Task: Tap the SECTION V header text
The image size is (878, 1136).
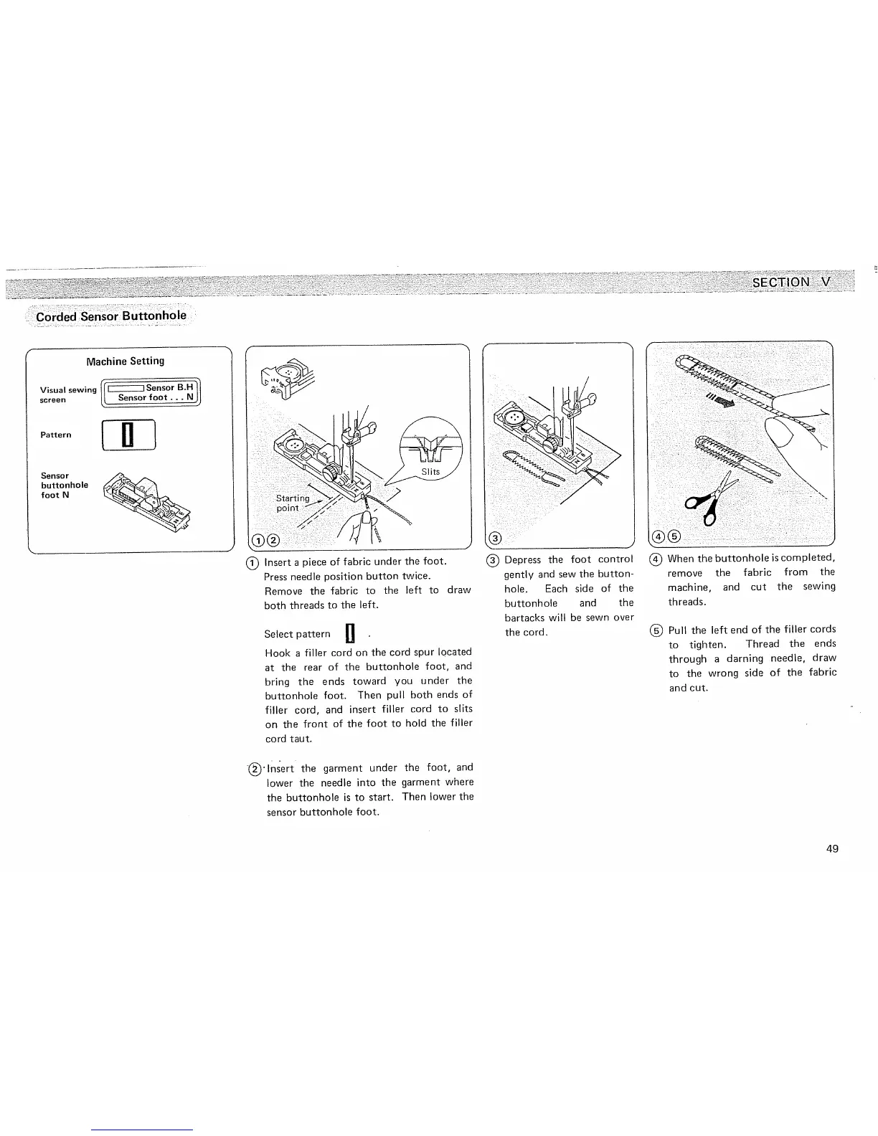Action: pyautogui.click(x=790, y=282)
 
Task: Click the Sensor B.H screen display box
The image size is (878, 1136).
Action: pyautogui.click(x=151, y=392)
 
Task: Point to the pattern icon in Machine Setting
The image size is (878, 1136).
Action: pyautogui.click(x=129, y=435)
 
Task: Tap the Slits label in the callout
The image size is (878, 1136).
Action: pyautogui.click(x=430, y=471)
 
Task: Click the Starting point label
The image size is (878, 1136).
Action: pyautogui.click(x=293, y=503)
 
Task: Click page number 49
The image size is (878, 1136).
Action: pyautogui.click(x=832, y=849)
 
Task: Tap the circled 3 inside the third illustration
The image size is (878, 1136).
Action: pyautogui.click(x=495, y=539)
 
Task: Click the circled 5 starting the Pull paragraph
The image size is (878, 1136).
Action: pyautogui.click(x=656, y=630)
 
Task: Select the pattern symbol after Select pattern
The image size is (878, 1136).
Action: pyautogui.click(x=350, y=633)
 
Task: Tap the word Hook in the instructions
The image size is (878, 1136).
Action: pyautogui.click(x=277, y=653)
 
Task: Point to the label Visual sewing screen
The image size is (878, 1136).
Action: pyautogui.click(x=68, y=394)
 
